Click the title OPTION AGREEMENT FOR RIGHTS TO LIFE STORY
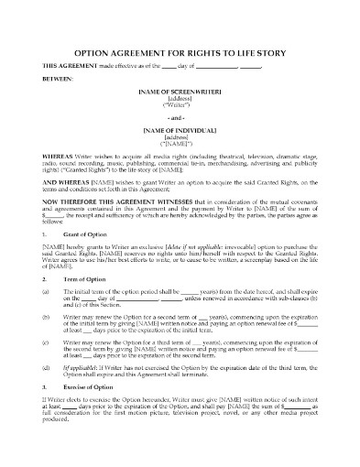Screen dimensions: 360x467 tap(180, 53)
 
